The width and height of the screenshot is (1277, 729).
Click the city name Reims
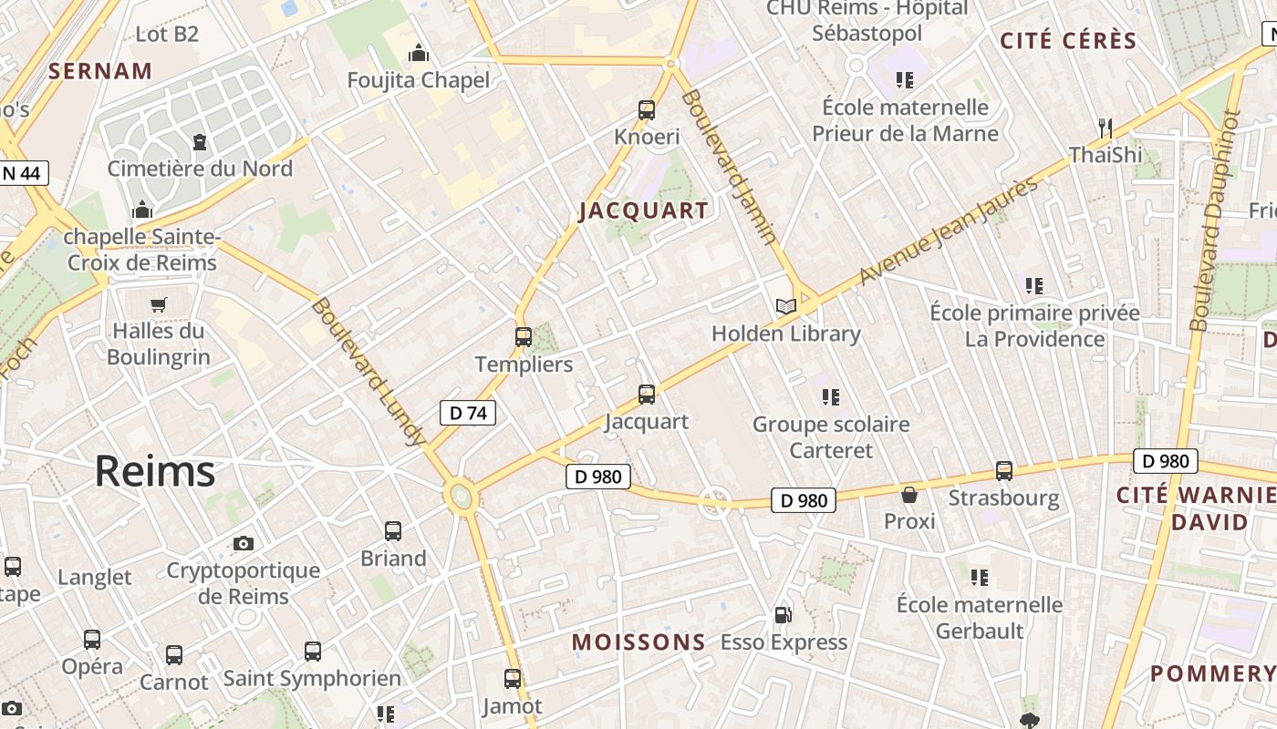coord(155,471)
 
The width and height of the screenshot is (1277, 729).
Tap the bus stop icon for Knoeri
coord(647,110)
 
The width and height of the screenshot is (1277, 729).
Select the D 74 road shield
coord(468,413)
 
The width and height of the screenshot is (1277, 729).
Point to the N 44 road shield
coord(22,173)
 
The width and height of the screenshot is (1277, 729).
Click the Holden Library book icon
coord(785,306)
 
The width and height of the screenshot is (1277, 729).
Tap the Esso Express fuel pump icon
coord(783,615)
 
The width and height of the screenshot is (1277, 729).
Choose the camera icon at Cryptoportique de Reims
coord(244,543)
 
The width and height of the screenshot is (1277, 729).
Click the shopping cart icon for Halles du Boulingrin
coord(159,303)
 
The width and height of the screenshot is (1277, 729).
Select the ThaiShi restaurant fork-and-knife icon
coord(1106,127)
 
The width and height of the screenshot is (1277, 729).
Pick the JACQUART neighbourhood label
coord(644,210)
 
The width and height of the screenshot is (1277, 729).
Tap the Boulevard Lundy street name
coord(369,372)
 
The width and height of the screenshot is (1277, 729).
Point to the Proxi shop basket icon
coord(909,495)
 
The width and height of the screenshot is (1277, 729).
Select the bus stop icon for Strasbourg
coord(1004,471)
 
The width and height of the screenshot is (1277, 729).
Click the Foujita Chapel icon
coord(419,54)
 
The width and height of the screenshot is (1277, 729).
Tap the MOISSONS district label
coord(638,642)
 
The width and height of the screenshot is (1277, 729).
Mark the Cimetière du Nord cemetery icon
coord(200,141)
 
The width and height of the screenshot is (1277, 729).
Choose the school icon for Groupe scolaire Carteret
coord(830,397)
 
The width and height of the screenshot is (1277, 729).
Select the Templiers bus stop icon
coord(523,337)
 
